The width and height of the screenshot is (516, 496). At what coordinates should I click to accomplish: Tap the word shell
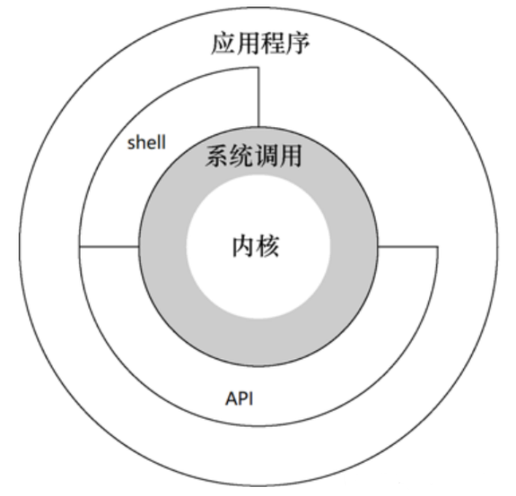pos(146,143)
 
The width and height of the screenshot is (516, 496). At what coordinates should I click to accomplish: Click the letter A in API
pos(230,401)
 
